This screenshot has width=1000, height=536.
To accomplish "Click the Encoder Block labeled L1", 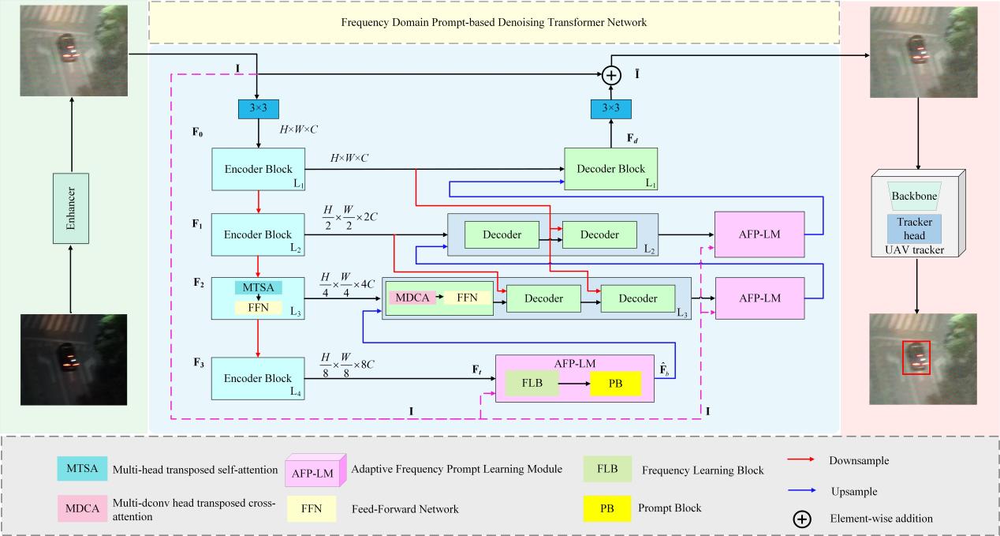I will coord(259,168).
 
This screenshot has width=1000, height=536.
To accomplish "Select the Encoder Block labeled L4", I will coord(259,378).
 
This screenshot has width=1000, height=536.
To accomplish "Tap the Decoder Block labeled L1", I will coord(610,168).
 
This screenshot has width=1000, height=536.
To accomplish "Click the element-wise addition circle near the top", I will coord(612,76).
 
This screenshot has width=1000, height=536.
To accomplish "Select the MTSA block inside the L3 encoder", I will coord(258,287).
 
